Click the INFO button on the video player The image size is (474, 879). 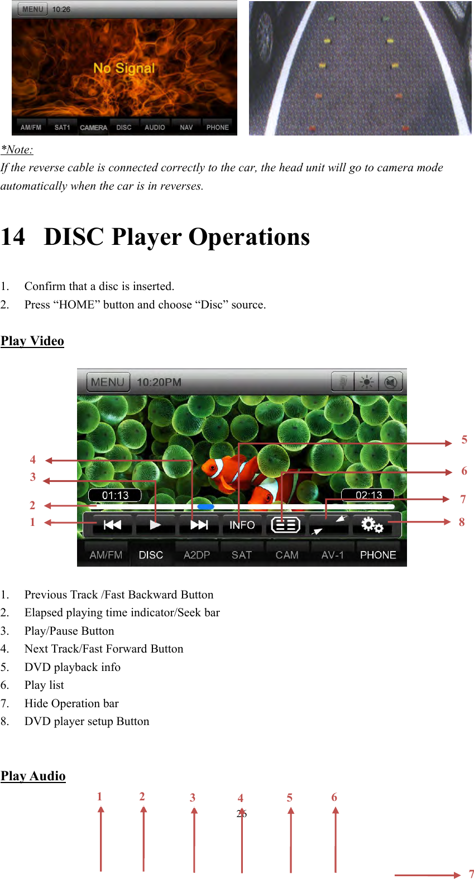[x=242, y=525]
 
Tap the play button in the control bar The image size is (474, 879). [x=155, y=525]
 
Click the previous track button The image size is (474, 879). [x=112, y=525]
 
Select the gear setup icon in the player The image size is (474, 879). [x=371, y=525]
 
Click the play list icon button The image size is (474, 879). [x=285, y=525]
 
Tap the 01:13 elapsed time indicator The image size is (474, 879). [x=115, y=495]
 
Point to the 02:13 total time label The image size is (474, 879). [x=368, y=495]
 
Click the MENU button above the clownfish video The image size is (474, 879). [x=108, y=382]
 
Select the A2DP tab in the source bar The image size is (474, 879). [x=197, y=555]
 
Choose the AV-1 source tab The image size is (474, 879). [x=332, y=555]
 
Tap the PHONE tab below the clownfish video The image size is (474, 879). [x=378, y=555]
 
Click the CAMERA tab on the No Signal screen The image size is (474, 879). [x=93, y=127]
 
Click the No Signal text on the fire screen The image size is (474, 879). [x=124, y=68]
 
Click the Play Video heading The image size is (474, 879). [x=32, y=341]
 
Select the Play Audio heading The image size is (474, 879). [x=33, y=776]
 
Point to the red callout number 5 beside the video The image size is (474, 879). [x=464, y=440]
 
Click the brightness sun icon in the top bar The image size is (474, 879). [x=367, y=382]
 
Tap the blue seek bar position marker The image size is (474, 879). [x=205, y=506]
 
